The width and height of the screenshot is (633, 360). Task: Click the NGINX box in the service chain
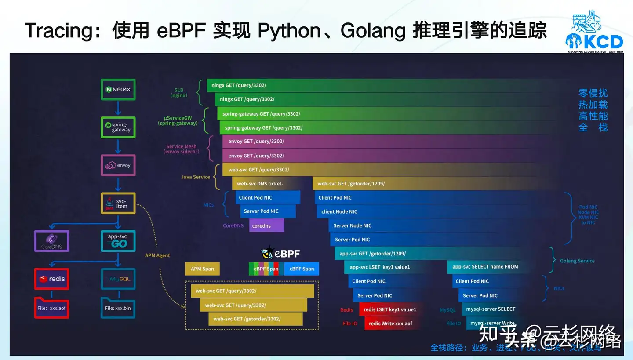click(x=118, y=90)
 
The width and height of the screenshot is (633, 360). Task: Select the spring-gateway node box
click(x=118, y=127)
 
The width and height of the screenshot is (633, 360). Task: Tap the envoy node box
click(x=118, y=165)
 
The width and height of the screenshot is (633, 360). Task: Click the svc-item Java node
click(x=118, y=203)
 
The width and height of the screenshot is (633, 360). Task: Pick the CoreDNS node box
click(x=51, y=241)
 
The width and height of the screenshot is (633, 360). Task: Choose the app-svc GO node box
click(x=118, y=241)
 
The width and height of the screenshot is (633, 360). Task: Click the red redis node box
click(x=51, y=279)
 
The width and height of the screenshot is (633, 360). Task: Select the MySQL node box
click(x=118, y=279)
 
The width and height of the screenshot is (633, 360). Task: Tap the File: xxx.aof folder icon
click(x=51, y=307)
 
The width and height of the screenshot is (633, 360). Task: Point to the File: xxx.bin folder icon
click(x=118, y=307)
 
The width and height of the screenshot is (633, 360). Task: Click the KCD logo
click(x=594, y=33)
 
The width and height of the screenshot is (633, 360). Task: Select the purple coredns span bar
click(x=267, y=225)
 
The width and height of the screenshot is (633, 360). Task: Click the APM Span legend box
click(x=202, y=269)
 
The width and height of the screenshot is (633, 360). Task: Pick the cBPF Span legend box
click(x=302, y=269)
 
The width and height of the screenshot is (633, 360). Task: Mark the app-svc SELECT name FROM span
click(x=485, y=267)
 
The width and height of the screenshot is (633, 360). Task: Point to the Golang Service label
click(x=577, y=261)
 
